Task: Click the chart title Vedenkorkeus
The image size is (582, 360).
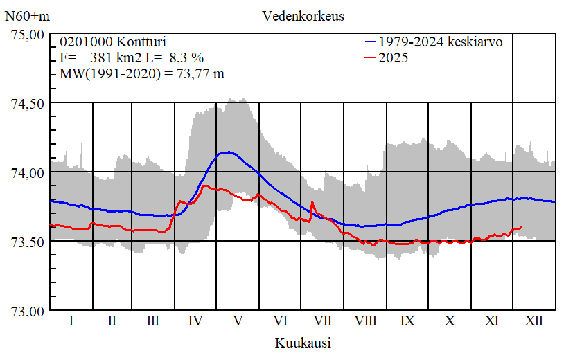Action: [x=303, y=15]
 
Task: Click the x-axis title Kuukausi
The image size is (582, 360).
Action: [x=303, y=343]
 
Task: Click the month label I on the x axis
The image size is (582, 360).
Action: [x=71, y=321]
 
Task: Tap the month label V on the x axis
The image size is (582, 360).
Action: [x=238, y=321]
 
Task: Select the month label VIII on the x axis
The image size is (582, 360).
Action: [x=365, y=321]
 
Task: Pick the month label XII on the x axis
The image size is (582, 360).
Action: [x=534, y=321]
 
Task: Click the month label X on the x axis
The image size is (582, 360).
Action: [x=450, y=321]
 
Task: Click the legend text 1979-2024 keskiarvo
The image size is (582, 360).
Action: [x=441, y=42]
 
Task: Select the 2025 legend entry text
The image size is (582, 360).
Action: [x=393, y=57]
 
